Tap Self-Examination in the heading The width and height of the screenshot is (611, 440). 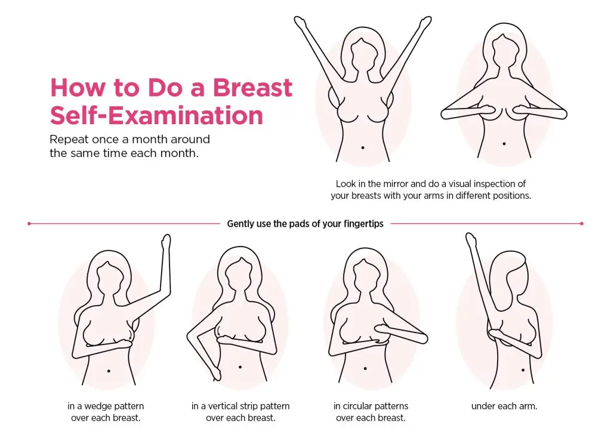pyautogui.click(x=156, y=115)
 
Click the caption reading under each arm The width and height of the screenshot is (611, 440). pyautogui.click(x=504, y=406)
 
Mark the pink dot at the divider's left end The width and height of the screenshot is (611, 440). pyautogui.click(x=29, y=224)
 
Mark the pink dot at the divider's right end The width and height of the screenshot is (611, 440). pyautogui.click(x=581, y=224)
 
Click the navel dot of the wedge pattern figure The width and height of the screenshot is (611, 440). pyautogui.click(x=109, y=371)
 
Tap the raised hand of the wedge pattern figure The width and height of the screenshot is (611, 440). pyautogui.click(x=166, y=242)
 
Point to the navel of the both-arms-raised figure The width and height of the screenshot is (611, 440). pyautogui.click(x=363, y=147)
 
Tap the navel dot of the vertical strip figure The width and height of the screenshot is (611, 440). pyautogui.click(x=240, y=367)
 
